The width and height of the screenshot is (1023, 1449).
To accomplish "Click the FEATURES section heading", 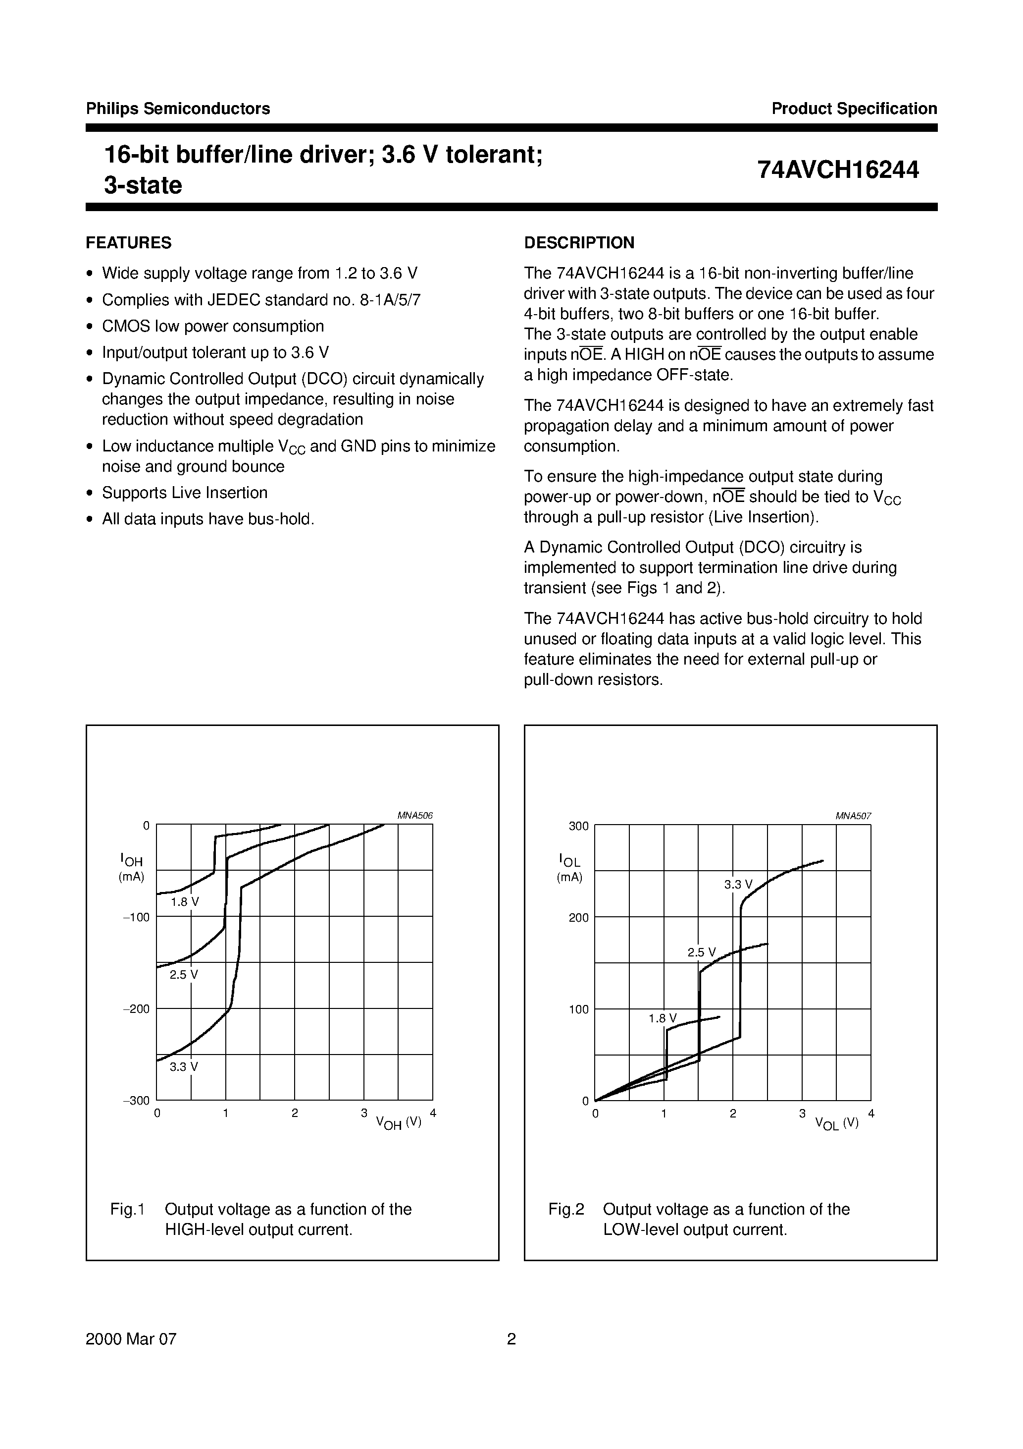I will (128, 243).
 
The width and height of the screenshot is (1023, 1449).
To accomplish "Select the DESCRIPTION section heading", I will (578, 243).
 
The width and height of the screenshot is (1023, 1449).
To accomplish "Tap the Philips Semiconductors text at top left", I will (178, 109).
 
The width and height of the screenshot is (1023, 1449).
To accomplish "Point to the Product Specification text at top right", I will (854, 109).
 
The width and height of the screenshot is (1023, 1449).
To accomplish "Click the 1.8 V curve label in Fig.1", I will (184, 902).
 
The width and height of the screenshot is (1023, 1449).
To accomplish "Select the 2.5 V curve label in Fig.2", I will (701, 952).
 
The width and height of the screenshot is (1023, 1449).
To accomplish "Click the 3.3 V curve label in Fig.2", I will (738, 884).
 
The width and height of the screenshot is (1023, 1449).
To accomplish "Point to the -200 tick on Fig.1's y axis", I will (136, 1008).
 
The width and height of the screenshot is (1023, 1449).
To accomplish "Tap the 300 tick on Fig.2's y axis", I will (578, 826).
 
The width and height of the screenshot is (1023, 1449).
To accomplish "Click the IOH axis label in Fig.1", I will (131, 860).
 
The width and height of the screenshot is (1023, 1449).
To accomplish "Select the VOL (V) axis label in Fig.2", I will (836, 1123).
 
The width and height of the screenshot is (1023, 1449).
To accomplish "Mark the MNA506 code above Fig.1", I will (414, 815).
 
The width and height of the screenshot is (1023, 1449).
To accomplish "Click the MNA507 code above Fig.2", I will (853, 815).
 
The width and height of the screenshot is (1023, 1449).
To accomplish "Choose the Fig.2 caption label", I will (566, 1209).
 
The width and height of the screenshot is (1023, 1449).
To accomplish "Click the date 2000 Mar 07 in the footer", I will (131, 1338).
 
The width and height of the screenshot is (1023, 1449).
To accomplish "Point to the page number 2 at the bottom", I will (511, 1338).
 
